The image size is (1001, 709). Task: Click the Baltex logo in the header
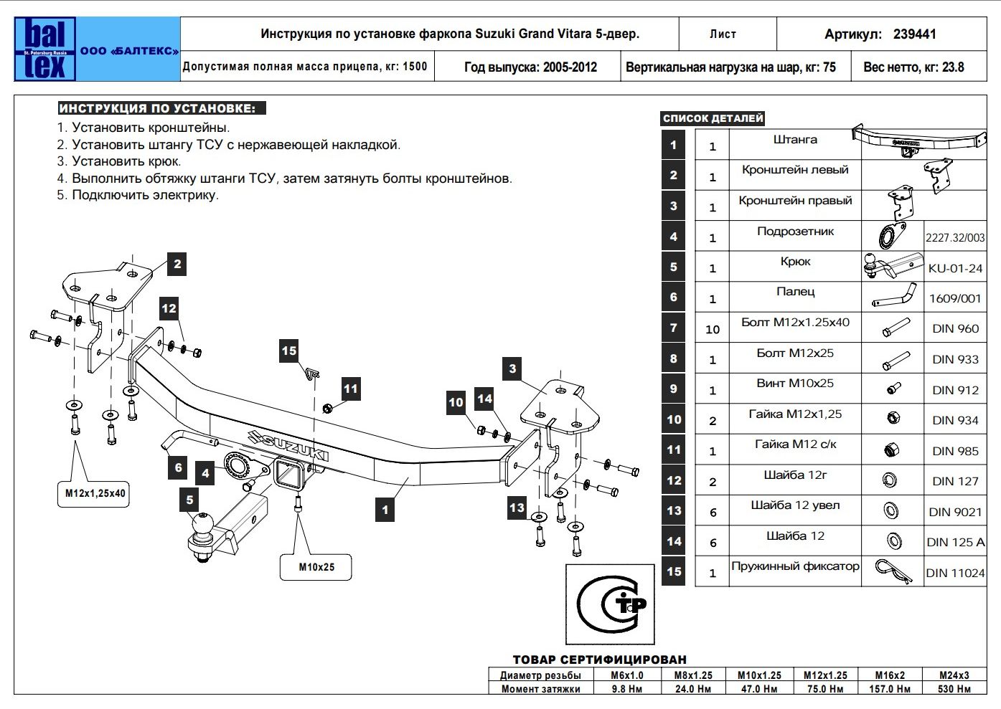click(x=45, y=49)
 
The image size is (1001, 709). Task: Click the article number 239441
click(x=914, y=34)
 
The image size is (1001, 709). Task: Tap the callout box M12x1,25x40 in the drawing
click(x=95, y=493)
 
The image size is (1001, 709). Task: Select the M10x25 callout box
click(x=316, y=567)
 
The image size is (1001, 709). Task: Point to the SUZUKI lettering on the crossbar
click(x=287, y=446)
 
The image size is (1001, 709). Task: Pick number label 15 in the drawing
click(x=288, y=351)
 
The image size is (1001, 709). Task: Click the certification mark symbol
click(x=610, y=604)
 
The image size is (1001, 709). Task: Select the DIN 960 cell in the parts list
click(x=955, y=329)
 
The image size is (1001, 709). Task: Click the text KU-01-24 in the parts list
click(x=955, y=269)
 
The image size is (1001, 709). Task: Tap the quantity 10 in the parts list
click(x=712, y=330)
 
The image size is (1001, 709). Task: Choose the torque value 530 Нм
click(x=954, y=689)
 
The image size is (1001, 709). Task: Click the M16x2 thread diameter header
click(x=890, y=675)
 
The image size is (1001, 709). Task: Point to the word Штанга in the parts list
click(x=795, y=140)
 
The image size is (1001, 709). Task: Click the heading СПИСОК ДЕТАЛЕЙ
click(x=713, y=119)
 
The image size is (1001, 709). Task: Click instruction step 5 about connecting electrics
click(x=138, y=195)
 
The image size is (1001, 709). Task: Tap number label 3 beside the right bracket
click(x=512, y=369)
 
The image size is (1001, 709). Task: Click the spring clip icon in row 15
click(x=893, y=571)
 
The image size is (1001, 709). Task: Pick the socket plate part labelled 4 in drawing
click(x=236, y=466)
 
